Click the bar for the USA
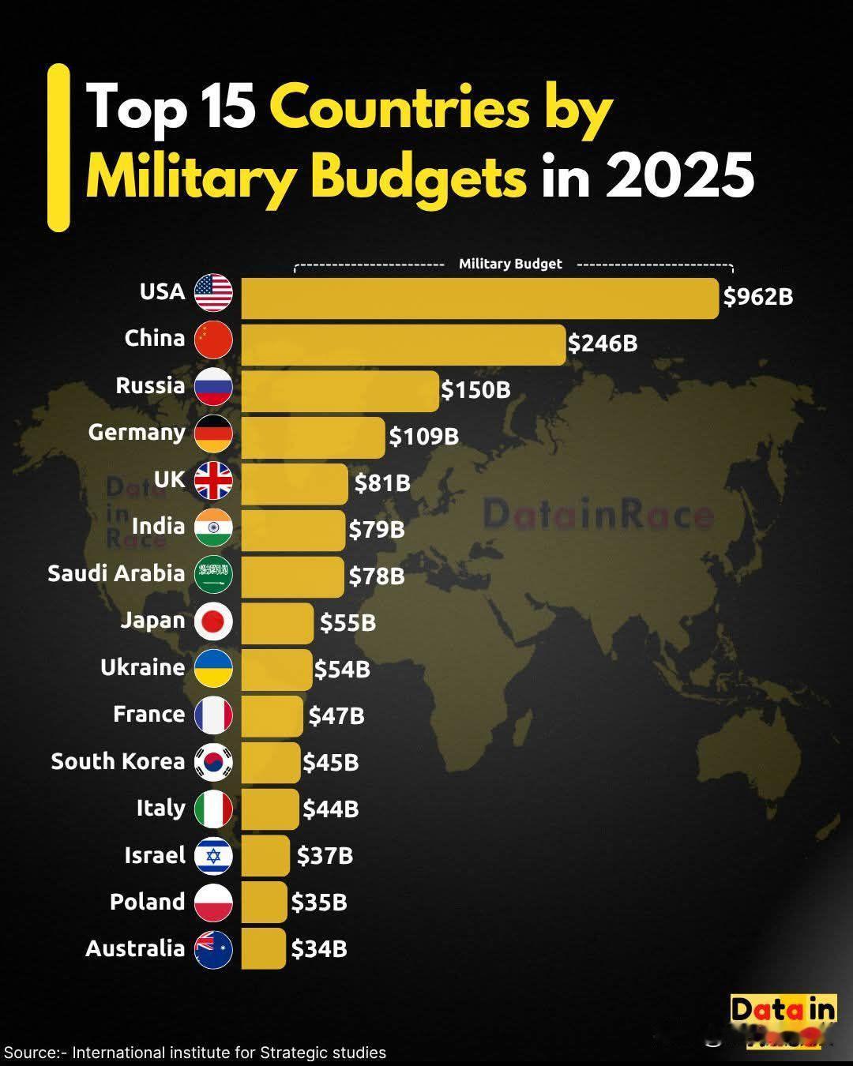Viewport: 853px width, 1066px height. [479, 298]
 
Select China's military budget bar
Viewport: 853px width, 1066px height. [403, 344]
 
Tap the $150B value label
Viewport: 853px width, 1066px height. [475, 390]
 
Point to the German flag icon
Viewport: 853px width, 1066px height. [213, 434]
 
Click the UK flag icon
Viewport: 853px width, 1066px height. [213, 481]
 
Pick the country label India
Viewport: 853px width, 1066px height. [158, 527]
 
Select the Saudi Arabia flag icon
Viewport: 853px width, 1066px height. [213, 574]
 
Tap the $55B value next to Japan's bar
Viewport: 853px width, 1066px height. [348, 623]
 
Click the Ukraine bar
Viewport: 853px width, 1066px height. [276, 670]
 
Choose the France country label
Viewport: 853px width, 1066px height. [148, 715]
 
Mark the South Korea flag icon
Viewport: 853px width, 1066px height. [213, 762]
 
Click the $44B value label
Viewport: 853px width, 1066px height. [331, 809]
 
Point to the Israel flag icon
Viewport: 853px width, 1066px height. [213, 856]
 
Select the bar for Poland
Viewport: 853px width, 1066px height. [264, 903]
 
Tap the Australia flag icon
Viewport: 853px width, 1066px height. [213, 949]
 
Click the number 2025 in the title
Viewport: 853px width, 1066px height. [679, 175]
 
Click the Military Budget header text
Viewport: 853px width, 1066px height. [510, 264]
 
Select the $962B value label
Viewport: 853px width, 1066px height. [758, 297]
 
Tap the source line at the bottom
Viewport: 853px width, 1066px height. [195, 1053]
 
